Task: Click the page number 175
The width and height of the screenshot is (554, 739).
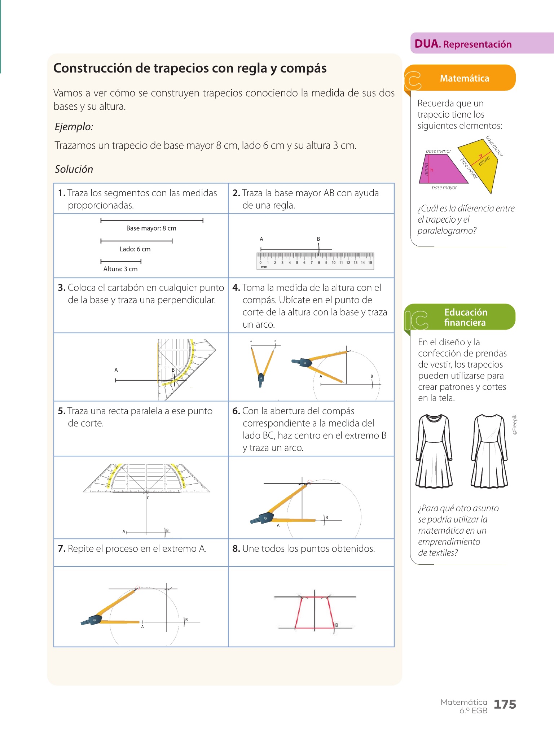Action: pyautogui.click(x=505, y=704)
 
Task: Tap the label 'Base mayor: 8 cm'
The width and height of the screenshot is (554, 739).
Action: pyautogui.click(x=151, y=228)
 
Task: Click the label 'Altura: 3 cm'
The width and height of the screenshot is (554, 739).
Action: pyautogui.click(x=120, y=269)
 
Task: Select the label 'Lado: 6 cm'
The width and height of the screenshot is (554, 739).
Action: pyautogui.click(x=135, y=249)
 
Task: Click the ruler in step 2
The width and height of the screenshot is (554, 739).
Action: pyautogui.click(x=315, y=261)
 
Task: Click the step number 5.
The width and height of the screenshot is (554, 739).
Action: pyautogui.click(x=61, y=411)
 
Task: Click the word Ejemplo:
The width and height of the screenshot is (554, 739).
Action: pyautogui.click(x=74, y=127)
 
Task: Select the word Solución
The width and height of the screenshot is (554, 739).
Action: pyautogui.click(x=74, y=169)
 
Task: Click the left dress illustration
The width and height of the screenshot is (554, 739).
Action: pyautogui.click(x=434, y=451)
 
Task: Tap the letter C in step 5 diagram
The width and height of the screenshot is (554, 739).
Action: pyautogui.click(x=148, y=498)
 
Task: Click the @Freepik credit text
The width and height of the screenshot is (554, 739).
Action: pyautogui.click(x=515, y=424)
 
